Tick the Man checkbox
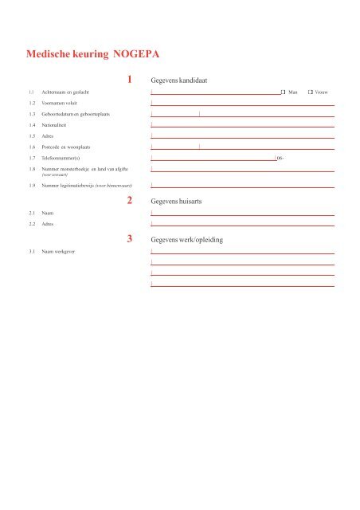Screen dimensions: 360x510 (283, 93)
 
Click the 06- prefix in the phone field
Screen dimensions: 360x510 (280, 159)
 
